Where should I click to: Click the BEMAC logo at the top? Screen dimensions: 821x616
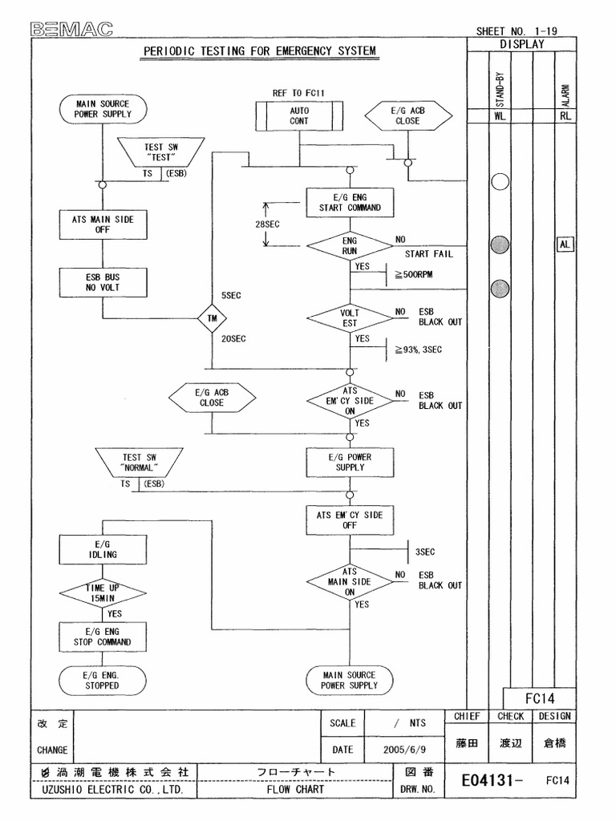tap(72, 30)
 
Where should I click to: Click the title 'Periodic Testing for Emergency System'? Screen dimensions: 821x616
tap(259, 52)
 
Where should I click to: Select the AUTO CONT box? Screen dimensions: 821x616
tap(299, 115)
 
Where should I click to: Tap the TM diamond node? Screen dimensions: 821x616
tap(213, 317)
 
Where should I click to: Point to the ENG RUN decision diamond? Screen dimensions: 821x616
tap(349, 245)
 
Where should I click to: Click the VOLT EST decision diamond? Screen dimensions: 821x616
tap(349, 317)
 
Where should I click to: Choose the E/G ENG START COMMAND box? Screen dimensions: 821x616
tap(349, 202)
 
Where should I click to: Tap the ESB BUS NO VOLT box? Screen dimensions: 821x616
tap(102, 281)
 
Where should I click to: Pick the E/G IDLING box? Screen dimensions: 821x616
tap(102, 549)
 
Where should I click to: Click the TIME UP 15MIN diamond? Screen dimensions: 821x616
tap(102, 593)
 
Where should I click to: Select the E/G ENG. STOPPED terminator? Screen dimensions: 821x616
tap(102, 681)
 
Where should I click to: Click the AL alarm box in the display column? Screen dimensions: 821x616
tap(565, 244)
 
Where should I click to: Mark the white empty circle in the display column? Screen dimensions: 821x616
tap(500, 182)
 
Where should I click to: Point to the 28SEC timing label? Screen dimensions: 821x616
tap(267, 224)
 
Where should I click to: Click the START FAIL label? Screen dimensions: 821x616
tap(428, 253)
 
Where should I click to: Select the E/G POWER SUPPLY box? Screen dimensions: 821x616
tap(349, 462)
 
